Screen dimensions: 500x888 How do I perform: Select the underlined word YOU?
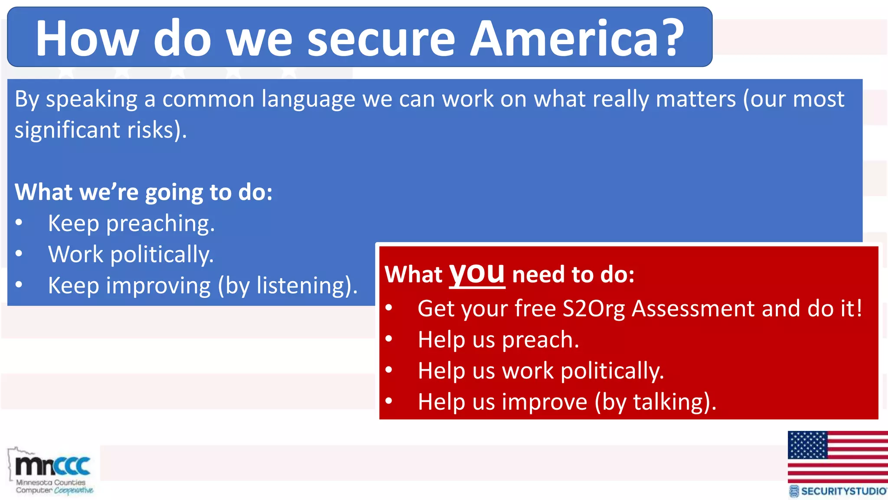[477, 274]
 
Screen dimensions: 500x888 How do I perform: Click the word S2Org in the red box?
[594, 309]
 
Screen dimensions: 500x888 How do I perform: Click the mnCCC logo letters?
[53, 466]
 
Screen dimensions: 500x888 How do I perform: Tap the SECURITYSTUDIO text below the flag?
[843, 491]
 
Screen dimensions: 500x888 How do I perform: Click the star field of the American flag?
[807, 445]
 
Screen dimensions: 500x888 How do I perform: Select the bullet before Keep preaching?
[19, 223]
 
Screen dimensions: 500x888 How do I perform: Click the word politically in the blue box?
[162, 255]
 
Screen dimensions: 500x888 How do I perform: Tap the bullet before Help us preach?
[388, 339]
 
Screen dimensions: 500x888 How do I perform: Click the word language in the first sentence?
[308, 100]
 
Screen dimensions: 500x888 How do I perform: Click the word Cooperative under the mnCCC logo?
[74, 490]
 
